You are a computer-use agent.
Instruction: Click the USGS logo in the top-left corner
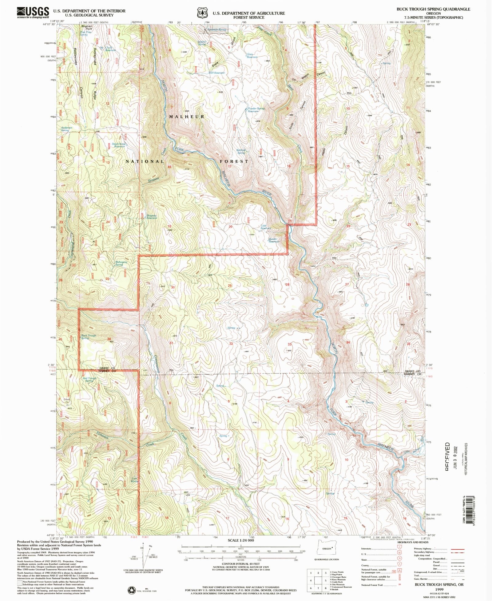coord(33,12)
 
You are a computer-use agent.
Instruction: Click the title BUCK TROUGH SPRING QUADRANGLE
coord(433,9)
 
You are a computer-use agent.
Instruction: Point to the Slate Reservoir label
coord(252,56)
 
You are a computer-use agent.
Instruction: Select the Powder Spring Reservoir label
coord(255,110)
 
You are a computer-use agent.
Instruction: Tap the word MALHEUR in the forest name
coord(187,117)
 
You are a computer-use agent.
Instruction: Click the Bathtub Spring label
coord(241,152)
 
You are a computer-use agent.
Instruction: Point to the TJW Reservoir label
coord(266,227)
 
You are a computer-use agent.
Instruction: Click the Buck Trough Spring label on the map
coord(89,337)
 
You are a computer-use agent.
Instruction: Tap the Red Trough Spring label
coord(89,380)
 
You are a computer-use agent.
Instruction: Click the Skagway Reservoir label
coord(151,216)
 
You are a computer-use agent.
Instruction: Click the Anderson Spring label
coord(66,129)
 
